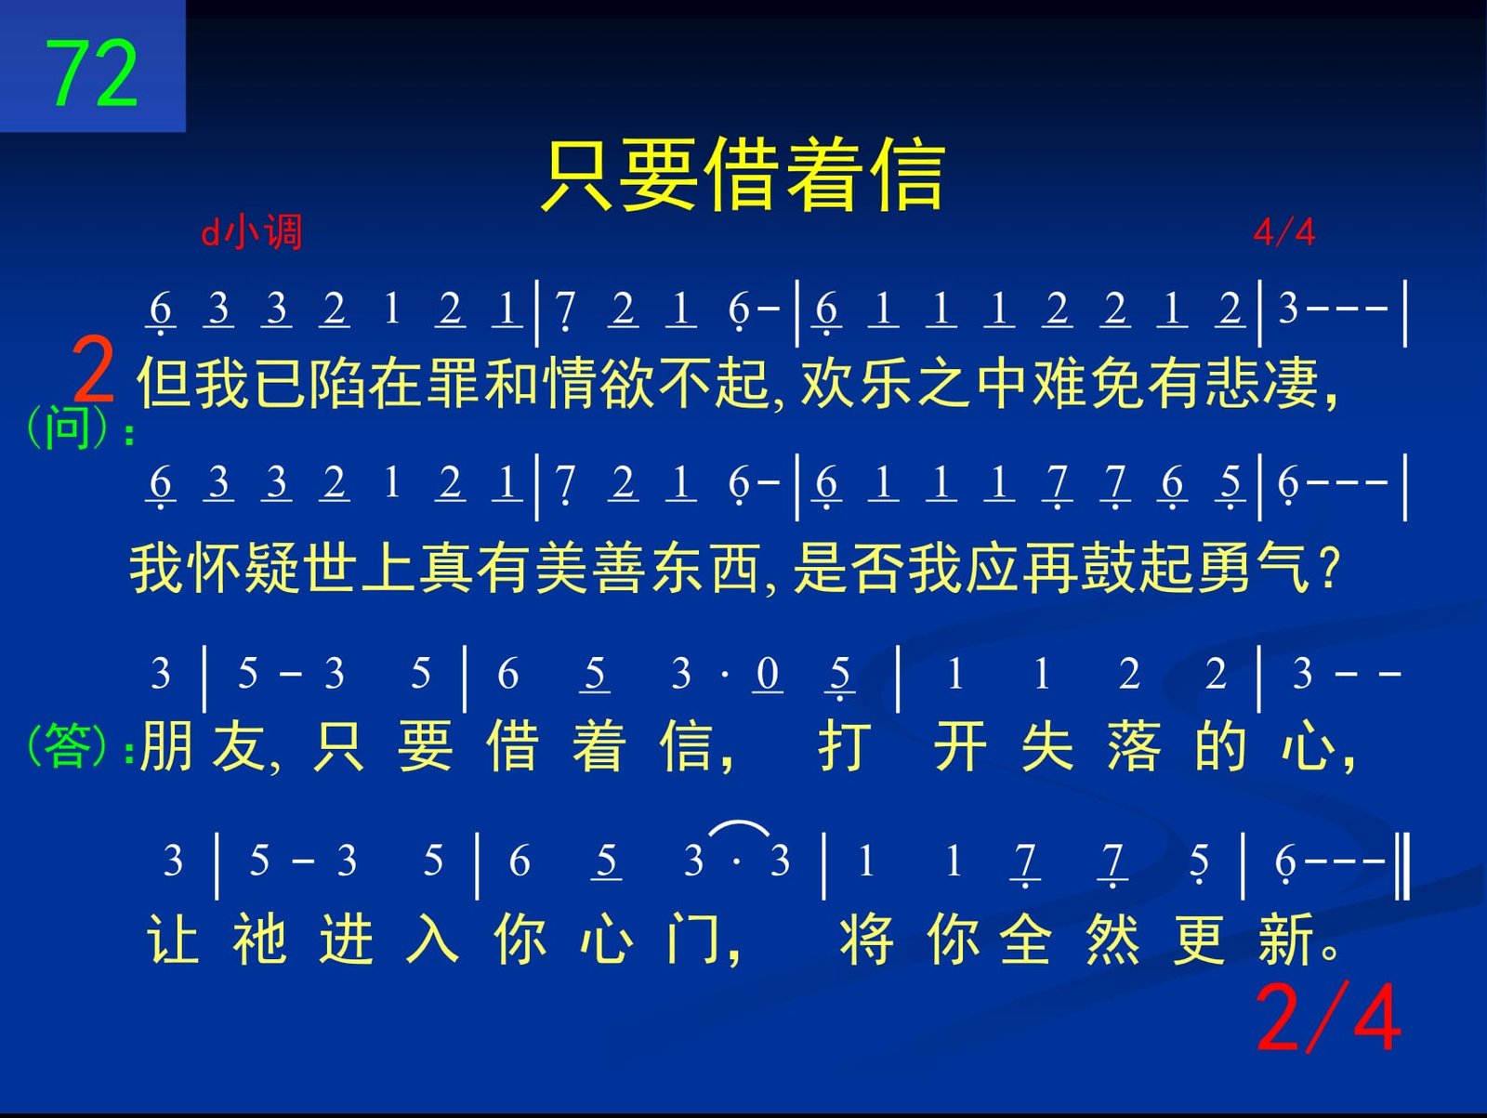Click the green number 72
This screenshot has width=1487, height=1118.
click(x=91, y=73)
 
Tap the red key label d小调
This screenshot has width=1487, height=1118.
click(x=251, y=232)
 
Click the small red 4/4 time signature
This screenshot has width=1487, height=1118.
click(x=1283, y=233)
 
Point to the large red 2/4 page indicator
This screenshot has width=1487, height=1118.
click(x=1328, y=1018)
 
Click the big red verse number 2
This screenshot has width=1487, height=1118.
click(x=93, y=371)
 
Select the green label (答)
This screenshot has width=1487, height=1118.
click(x=67, y=745)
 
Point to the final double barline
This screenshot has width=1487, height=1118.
click(x=1402, y=866)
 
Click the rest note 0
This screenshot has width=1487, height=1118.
click(x=767, y=674)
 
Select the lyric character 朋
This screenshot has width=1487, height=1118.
click(x=165, y=745)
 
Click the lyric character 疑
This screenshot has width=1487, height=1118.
click(x=271, y=569)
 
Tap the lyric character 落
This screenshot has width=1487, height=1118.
click(x=1133, y=745)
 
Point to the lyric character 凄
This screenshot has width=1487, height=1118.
click(x=1291, y=383)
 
